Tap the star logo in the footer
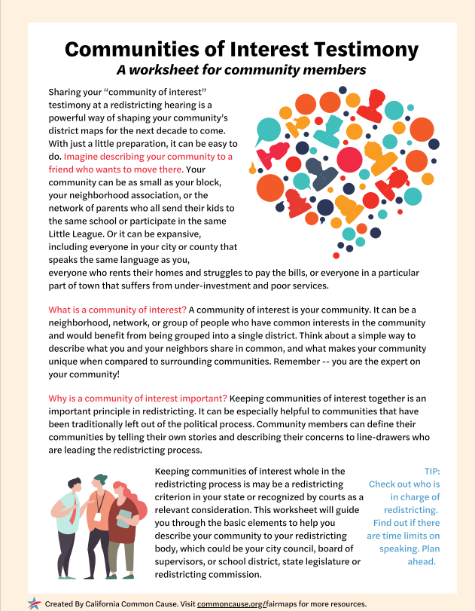point(34,603)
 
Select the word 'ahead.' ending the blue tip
point(421,561)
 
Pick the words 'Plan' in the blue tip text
point(430,548)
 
